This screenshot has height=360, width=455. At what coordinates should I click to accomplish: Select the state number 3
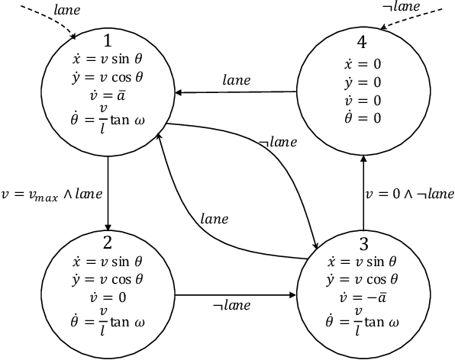point(363,245)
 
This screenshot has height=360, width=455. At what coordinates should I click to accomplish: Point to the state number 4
point(363,45)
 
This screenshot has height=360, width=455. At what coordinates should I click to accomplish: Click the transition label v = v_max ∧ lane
point(52,194)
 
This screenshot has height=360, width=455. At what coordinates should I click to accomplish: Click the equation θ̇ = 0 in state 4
point(363,117)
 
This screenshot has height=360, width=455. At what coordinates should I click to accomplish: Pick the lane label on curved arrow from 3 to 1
point(214,219)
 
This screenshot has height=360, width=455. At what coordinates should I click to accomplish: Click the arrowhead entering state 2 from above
point(108,227)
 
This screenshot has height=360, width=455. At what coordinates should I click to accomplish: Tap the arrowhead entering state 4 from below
point(363,159)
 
